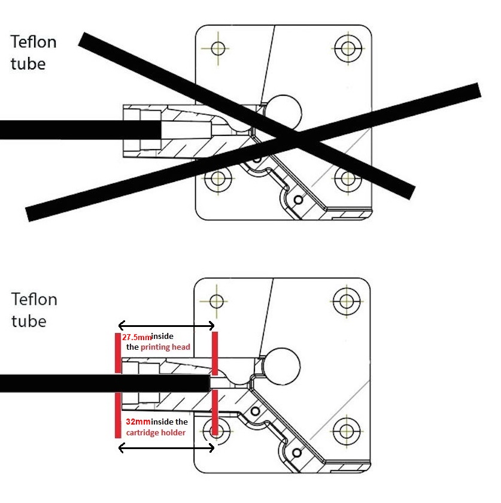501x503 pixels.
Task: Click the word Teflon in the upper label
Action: tap(34, 42)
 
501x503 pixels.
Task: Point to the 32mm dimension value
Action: tap(137, 422)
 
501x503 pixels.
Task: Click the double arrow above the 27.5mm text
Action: tap(166, 325)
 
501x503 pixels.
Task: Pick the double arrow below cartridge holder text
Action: tap(166, 447)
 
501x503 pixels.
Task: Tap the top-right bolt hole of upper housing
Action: tap(347, 47)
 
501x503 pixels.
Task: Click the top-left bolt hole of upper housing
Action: tap(217, 47)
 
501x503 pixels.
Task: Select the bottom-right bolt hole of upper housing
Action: tap(347, 178)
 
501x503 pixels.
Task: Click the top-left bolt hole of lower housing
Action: tap(217, 299)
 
